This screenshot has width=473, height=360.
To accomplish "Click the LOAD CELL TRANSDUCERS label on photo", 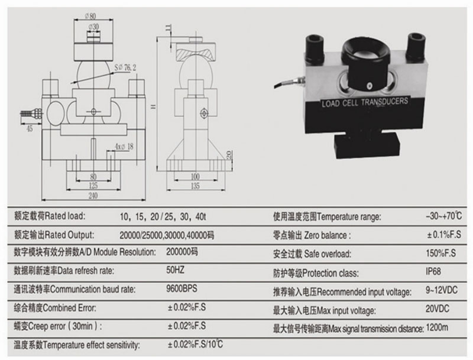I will (364, 102).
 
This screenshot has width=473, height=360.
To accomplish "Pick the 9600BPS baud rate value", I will (183, 290).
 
